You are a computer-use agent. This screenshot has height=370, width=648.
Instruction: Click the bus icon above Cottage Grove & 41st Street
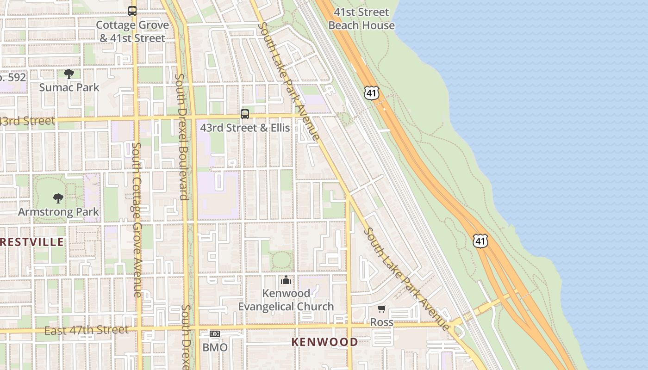coord(132,11)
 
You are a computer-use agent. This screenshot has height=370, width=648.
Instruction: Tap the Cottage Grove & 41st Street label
coord(132,31)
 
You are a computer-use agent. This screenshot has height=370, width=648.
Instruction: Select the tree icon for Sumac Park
coord(69,74)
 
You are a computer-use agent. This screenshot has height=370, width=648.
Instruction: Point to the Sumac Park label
coord(69,87)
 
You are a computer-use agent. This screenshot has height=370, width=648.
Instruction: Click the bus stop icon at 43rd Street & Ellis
coord(245,114)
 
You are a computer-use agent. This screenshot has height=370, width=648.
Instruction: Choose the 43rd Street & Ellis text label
coord(245,128)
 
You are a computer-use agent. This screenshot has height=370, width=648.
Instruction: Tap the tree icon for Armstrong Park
coord(58,198)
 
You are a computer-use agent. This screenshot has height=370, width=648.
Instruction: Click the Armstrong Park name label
coord(58,212)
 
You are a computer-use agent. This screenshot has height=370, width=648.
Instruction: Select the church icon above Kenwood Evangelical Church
coord(286,280)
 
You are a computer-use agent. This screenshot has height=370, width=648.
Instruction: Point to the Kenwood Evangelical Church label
coord(286,300)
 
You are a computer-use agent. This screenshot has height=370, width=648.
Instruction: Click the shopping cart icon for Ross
coord(381,309)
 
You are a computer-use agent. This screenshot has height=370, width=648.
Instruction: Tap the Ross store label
coord(381,322)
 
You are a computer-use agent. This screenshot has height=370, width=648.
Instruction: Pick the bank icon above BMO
coord(215,334)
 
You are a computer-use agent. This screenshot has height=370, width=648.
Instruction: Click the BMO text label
coord(215,347)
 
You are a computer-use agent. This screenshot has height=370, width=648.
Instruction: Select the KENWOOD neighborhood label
coord(324,342)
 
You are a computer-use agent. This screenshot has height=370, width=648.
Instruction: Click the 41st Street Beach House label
coord(361,18)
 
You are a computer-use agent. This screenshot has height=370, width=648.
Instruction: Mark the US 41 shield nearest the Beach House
coord(372,92)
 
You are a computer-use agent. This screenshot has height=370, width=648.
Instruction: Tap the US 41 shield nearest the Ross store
coord(480,240)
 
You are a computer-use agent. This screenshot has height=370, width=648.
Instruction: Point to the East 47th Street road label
coord(87,330)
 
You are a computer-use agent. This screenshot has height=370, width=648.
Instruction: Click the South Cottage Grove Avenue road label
coord(137,220)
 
